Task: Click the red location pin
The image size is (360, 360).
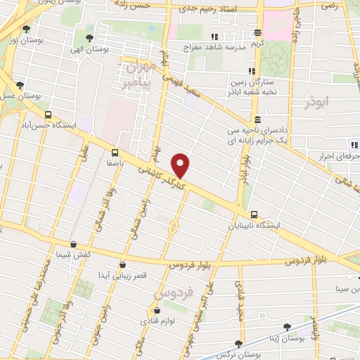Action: point(181,165)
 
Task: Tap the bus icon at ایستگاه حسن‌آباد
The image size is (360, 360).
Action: point(48,115)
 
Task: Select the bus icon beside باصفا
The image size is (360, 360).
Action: point(114,150)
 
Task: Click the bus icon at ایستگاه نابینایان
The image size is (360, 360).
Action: point(253,214)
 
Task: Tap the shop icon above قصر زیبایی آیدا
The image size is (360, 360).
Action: point(123,265)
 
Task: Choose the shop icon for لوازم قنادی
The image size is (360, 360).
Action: point(157,309)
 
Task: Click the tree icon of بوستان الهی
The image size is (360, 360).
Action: point(89,37)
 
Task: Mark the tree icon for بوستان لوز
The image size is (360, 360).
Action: point(26,30)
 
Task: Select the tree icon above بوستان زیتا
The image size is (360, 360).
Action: point(287,327)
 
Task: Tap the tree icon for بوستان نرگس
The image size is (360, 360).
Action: point(239,344)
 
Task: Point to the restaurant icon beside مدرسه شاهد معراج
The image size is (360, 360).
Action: point(214,37)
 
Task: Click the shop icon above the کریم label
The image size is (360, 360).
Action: point(258,32)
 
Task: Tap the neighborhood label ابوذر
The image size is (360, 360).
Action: point(317,102)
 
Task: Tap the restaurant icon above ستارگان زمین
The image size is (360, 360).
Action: point(251,70)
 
